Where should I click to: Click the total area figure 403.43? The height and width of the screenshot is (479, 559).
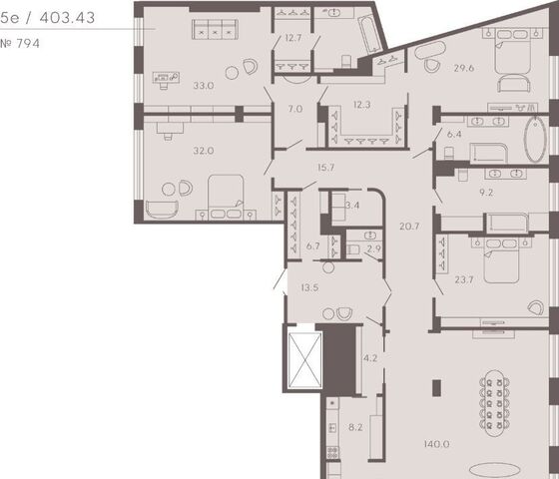tap(67, 18)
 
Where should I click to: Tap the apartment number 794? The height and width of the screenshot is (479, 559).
tap(28, 44)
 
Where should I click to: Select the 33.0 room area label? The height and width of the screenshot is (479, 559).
tap(204, 86)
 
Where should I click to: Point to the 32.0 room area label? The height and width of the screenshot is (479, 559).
tap(204, 151)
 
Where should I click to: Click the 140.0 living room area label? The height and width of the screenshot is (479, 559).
tap(437, 444)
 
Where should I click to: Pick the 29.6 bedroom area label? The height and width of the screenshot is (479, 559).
tap(464, 68)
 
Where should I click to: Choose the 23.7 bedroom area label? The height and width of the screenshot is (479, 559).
tap(464, 279)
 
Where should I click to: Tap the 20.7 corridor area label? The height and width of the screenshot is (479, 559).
tap(409, 227)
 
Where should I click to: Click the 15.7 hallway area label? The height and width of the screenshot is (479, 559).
tap(325, 168)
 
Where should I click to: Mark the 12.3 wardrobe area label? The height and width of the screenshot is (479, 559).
tap(361, 105)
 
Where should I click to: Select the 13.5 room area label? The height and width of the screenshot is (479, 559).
tap(309, 287)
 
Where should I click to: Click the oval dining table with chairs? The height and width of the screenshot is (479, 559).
tap(494, 403)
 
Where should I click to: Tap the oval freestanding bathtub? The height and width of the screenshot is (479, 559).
tap(535, 140)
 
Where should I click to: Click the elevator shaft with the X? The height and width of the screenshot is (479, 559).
tap(304, 360)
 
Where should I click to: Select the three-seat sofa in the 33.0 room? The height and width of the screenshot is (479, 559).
tap(215, 29)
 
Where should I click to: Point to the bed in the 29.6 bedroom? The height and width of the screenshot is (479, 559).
tap(513, 52)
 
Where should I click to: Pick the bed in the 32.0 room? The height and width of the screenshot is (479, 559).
tap(226, 196)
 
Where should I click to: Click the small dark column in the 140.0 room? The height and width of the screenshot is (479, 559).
tap(436, 388)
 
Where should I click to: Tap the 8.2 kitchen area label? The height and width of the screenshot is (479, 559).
tap(355, 427)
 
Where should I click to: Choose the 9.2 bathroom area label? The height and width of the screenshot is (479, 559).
tap(486, 193)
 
